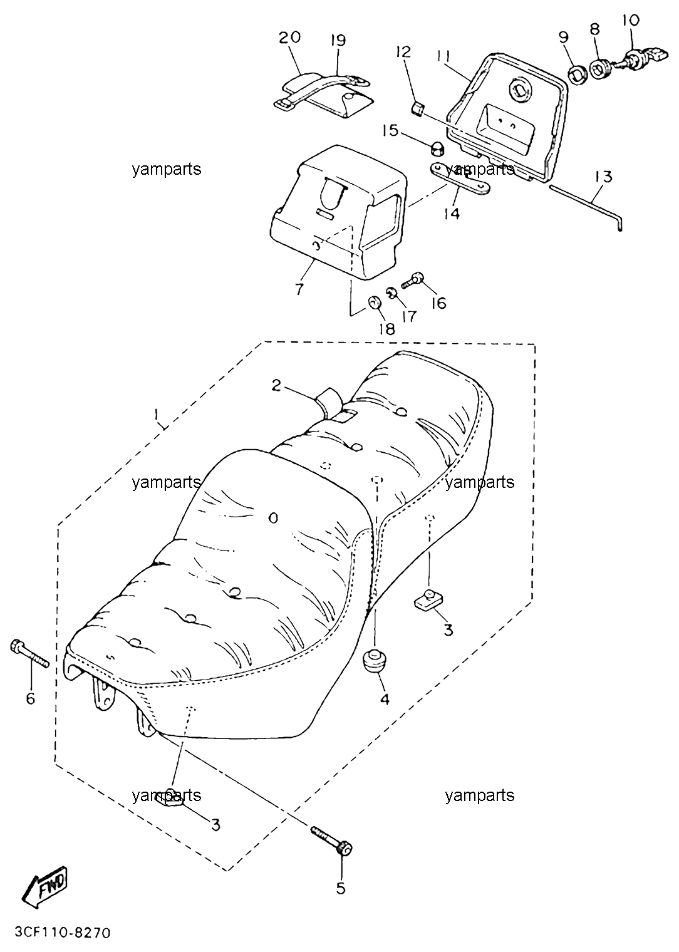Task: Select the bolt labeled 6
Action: pos(29,658)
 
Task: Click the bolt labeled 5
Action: pos(331,844)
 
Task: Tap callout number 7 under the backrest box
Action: pos(299,289)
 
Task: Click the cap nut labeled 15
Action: pos(437,149)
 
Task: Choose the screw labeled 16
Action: pos(412,281)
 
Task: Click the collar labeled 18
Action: pos(374,304)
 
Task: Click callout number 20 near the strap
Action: pos(289,38)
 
